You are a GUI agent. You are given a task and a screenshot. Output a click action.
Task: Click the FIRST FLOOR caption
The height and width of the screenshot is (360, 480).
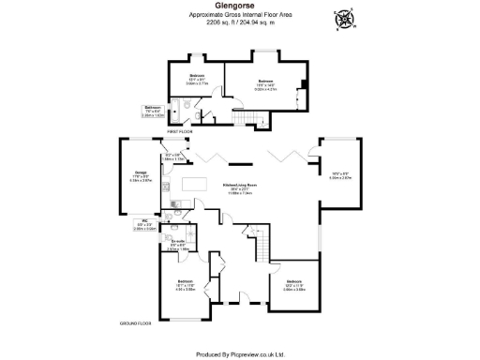179,133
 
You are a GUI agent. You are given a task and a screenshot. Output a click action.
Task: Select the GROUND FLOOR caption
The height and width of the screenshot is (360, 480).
136,322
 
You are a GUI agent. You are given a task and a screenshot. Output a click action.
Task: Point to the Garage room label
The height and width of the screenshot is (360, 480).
142,172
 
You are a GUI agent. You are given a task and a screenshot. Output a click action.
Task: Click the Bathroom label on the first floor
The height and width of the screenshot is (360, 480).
152,108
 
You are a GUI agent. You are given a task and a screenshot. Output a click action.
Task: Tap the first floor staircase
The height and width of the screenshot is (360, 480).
262,120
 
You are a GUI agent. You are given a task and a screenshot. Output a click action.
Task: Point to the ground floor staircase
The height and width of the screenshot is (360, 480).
262,246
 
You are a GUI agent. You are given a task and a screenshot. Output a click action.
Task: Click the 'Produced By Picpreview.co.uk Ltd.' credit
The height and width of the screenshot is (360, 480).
240,353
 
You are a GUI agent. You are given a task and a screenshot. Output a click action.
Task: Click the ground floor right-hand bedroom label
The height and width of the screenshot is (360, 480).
294,281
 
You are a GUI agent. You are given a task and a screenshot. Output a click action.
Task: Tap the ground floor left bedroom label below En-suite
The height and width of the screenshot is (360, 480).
186,281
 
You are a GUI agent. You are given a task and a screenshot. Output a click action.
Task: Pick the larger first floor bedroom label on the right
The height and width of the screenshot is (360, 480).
265,82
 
